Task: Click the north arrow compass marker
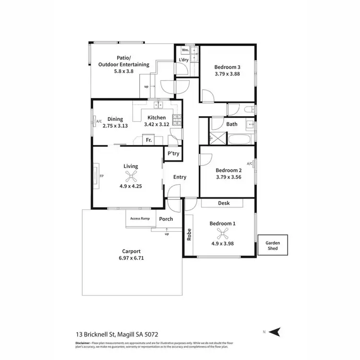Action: (x=275, y=332)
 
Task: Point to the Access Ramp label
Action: (x=140, y=219)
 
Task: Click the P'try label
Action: (x=173, y=154)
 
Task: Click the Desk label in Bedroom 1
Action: (x=224, y=203)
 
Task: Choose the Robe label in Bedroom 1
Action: (x=189, y=235)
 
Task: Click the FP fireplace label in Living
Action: (x=101, y=176)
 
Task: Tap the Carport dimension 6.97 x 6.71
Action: (x=132, y=257)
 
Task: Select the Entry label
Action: (x=180, y=177)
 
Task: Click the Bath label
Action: (x=232, y=124)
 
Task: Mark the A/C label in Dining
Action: (x=99, y=121)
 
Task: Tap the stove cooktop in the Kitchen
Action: (x=177, y=120)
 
